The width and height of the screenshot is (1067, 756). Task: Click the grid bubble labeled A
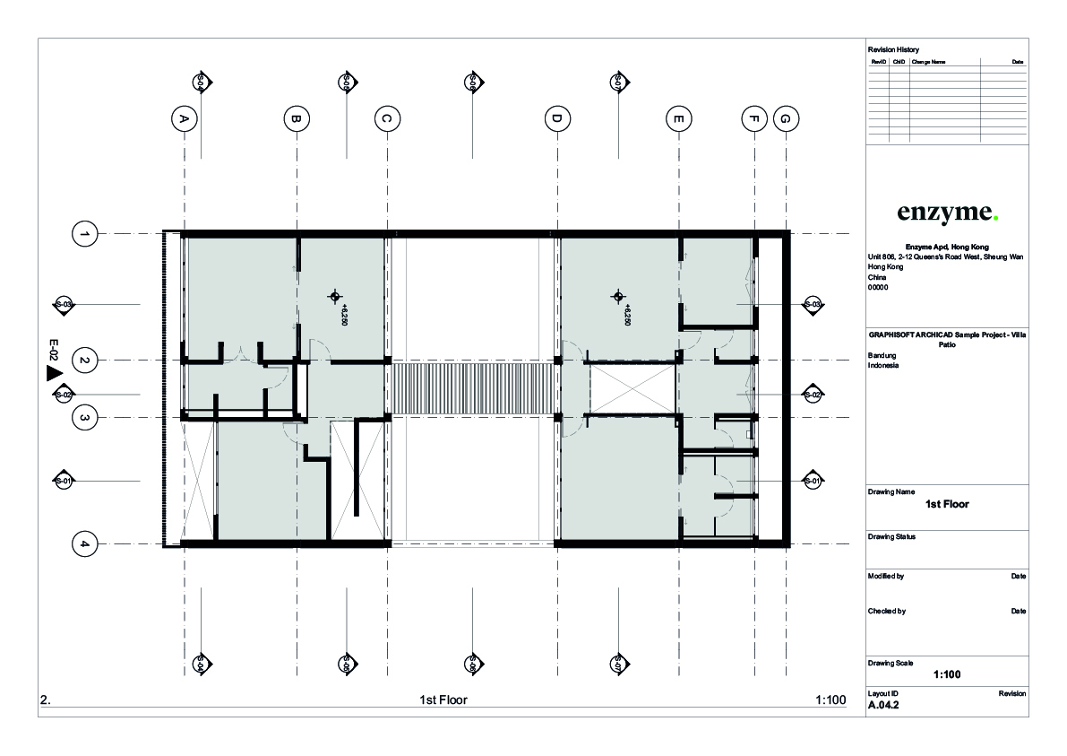184,118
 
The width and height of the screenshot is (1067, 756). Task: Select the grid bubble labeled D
556,118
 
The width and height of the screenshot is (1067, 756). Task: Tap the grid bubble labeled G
785,118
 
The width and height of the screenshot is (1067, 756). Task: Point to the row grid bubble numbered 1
84,234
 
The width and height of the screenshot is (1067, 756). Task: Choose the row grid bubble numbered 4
84,543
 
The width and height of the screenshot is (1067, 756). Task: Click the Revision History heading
893,49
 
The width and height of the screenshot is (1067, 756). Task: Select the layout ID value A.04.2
883,706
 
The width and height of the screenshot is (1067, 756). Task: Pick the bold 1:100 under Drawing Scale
947,675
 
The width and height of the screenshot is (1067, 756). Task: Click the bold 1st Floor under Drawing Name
947,504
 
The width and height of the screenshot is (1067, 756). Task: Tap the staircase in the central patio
472,387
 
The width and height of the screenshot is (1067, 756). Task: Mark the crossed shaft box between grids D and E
631,388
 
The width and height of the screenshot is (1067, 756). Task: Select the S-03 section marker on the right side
812,305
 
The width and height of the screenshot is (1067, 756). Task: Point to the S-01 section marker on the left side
64,482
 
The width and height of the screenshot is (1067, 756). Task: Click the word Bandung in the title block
882,356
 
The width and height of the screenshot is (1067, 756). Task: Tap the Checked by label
887,612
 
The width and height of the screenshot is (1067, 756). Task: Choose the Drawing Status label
891,537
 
